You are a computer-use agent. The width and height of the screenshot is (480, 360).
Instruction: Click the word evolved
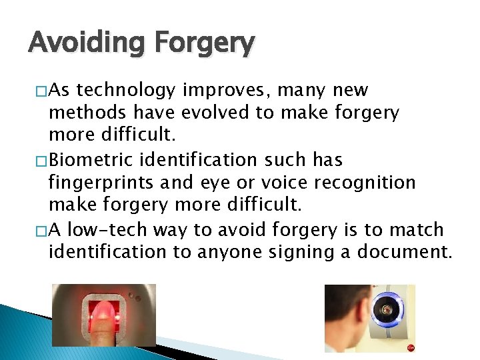coord(215,113)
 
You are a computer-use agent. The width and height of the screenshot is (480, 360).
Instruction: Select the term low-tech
coord(109,230)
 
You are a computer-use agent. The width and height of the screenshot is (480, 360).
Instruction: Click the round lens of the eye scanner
coord(387,309)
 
